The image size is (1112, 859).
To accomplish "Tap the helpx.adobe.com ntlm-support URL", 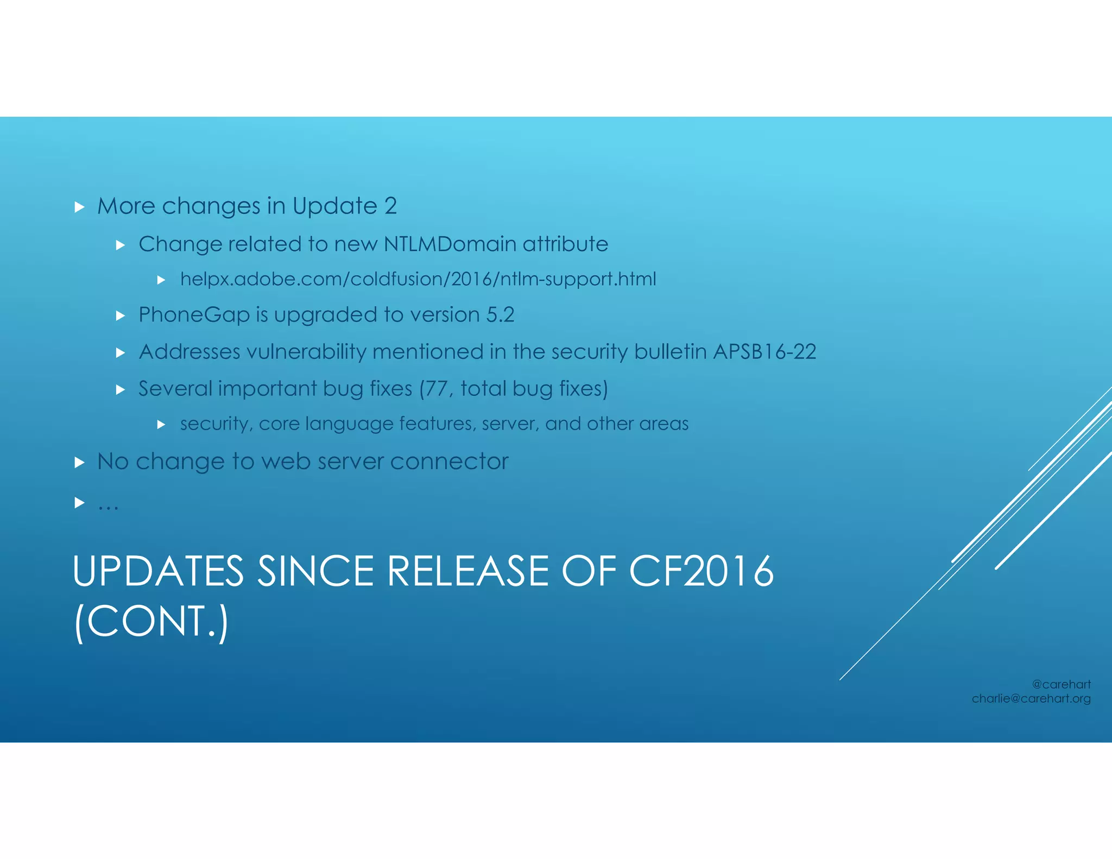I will point(418,279).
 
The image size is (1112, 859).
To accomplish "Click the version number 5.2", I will point(500,315).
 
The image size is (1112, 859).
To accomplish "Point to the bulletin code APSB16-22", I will point(764,352).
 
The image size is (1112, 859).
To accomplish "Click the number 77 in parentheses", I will point(436,389).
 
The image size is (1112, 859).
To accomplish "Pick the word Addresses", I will point(189,352).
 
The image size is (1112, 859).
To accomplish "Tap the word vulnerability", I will point(306,352).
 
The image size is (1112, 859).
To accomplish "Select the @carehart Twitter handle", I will point(1061,684).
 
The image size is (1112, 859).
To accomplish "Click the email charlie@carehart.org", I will point(1031,699).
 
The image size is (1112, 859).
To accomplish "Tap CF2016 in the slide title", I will point(701,571).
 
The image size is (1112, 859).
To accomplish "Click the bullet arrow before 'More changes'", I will point(80,207).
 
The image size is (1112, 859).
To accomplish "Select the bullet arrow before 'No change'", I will point(80,462).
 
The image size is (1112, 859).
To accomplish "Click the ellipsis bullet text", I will point(108,505).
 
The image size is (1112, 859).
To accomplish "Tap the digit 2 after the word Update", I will point(390,206).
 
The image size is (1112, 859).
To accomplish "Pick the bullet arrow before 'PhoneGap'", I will point(121,315).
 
